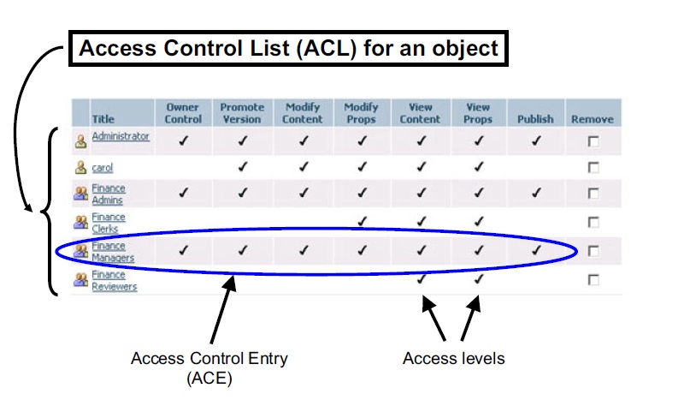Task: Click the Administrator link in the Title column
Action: [x=121, y=136]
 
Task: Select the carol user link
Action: [x=102, y=168]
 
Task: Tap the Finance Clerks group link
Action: [x=109, y=223]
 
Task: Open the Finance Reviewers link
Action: [x=114, y=281]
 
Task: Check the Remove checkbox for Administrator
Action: [x=593, y=141]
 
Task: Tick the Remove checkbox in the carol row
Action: [x=593, y=168]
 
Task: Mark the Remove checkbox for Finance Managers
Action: [x=593, y=251]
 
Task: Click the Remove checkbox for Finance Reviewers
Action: [x=593, y=280]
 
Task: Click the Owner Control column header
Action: [x=183, y=113]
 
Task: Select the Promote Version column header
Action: [x=242, y=113]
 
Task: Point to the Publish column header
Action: [x=535, y=119]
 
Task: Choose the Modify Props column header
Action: [x=362, y=113]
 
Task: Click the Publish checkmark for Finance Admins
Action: [x=536, y=193]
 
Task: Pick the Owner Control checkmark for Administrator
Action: [x=183, y=140]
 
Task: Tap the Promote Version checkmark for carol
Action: [x=243, y=167]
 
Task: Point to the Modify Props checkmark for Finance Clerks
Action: [x=362, y=221]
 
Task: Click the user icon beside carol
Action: [x=80, y=168]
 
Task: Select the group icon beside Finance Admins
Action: [x=80, y=194]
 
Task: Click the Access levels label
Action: [x=454, y=358]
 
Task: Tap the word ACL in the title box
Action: [x=326, y=48]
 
